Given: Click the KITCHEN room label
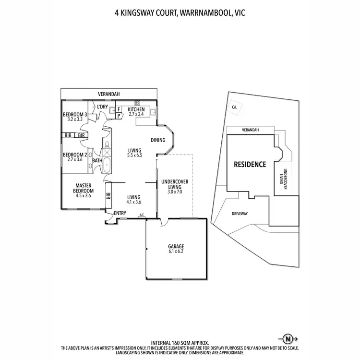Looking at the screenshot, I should (x=136, y=109).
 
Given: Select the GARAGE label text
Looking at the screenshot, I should (x=176, y=246).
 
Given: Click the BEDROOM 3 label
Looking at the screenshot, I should (x=75, y=114).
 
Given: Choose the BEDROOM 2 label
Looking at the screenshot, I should (x=75, y=155).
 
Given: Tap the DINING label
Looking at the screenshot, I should (x=157, y=140).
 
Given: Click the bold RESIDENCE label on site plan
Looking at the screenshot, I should (x=250, y=164).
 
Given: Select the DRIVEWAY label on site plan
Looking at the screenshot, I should (x=240, y=214).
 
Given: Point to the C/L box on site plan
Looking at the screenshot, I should (x=234, y=108).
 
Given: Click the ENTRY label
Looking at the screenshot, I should (x=120, y=214).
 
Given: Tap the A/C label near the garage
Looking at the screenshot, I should (x=142, y=215).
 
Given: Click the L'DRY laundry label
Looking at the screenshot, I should (x=102, y=107).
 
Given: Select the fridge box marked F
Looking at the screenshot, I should (x=119, y=109).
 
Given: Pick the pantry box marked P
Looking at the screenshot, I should (x=119, y=116).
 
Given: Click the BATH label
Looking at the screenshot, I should (x=97, y=161).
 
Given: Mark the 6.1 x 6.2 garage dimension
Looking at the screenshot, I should (x=176, y=251).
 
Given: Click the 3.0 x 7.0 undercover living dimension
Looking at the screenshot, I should (x=175, y=192).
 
